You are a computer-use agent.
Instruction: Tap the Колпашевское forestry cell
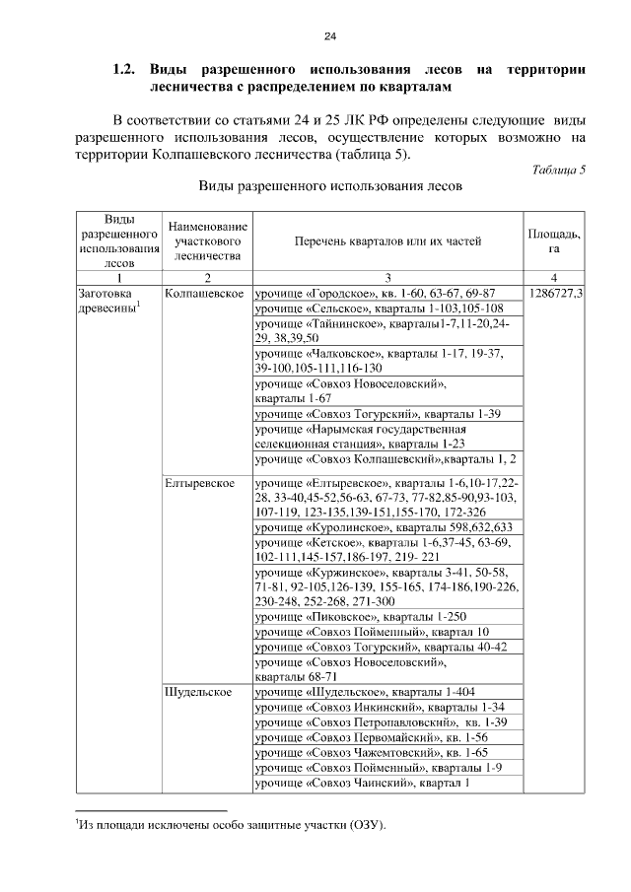click(205, 294)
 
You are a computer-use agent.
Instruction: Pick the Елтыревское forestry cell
click(199, 484)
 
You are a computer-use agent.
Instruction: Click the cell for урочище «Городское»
click(375, 294)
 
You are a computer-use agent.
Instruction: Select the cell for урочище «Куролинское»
click(383, 528)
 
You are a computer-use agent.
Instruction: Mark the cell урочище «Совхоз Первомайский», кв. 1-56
click(372, 737)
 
